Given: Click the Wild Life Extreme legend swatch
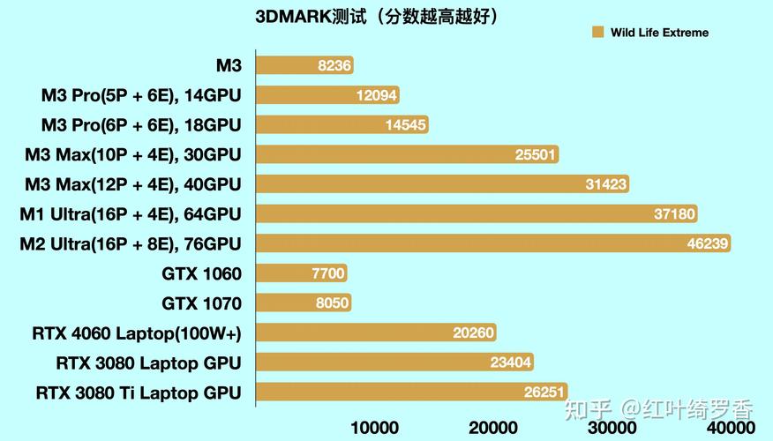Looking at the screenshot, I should [597, 33].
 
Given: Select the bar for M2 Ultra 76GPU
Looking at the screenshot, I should [494, 243].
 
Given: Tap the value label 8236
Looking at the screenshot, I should [335, 65].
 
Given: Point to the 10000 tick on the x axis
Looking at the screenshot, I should [375, 428].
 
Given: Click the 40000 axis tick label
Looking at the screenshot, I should [731, 428].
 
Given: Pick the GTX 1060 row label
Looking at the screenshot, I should [201, 273].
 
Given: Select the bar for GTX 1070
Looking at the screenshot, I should [304, 303].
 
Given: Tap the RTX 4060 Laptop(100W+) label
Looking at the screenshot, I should [137, 333].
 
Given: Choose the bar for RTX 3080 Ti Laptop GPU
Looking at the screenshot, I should [411, 392].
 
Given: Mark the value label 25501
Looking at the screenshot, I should [536, 154].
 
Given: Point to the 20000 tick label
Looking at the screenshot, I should [493, 428].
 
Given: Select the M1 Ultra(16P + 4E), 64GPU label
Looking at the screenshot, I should [131, 213].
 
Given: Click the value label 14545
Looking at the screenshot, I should [406, 125].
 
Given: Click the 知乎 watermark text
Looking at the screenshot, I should [589, 408].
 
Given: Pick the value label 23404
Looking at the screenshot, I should [511, 363].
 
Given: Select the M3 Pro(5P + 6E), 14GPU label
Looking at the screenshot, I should [141, 95].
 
